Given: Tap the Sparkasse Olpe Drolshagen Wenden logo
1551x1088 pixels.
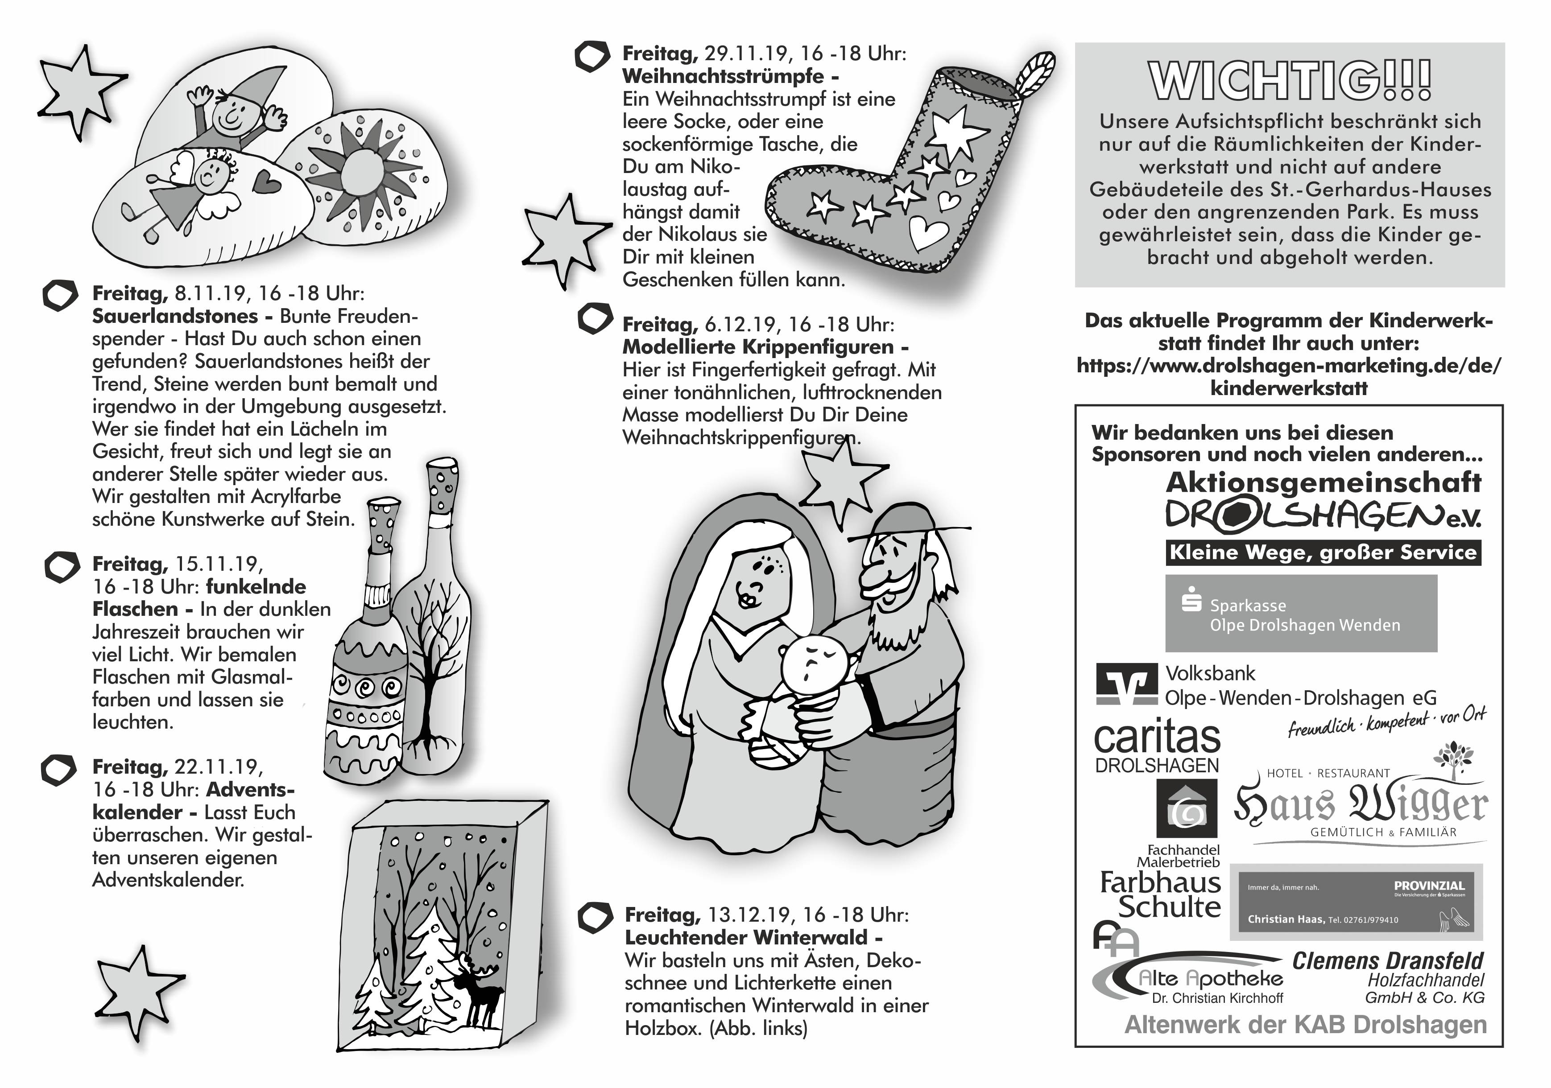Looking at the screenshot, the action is coord(1301,613).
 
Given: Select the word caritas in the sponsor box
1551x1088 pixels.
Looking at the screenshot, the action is coord(1157,738).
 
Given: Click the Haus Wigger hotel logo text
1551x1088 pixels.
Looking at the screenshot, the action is coord(1361,805).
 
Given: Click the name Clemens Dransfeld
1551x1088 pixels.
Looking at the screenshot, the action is coord(1388,960).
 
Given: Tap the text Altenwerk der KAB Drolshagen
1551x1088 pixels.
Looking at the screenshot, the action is coord(1305,1025).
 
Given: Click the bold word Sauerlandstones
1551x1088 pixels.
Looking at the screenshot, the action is coord(175,316).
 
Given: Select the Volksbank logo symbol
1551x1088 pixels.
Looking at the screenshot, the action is coord(1126,684).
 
